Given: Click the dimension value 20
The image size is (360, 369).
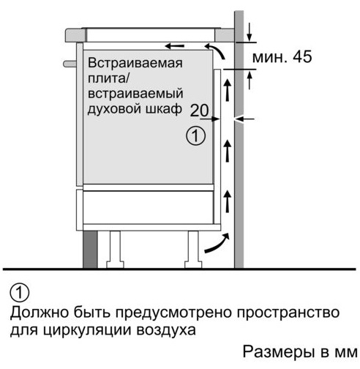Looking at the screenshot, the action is (x=199, y=111).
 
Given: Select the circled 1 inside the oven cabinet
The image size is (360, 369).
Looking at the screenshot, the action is (x=195, y=136).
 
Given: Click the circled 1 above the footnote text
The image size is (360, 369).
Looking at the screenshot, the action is (x=19, y=293).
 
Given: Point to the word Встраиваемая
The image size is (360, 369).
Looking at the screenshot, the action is (x=135, y=63).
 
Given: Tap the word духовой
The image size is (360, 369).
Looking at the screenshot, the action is (x=114, y=109).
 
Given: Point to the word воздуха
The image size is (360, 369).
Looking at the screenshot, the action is (x=166, y=330).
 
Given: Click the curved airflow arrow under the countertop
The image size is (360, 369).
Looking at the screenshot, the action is (x=216, y=50).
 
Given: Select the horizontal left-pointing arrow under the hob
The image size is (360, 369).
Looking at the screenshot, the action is (x=174, y=45).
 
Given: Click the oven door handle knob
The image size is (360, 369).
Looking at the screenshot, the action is (x=70, y=64).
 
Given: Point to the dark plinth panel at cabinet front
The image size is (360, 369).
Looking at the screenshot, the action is (x=90, y=250).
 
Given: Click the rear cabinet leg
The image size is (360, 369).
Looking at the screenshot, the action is (x=193, y=250).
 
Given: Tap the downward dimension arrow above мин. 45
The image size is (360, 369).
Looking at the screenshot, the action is (x=249, y=32).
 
